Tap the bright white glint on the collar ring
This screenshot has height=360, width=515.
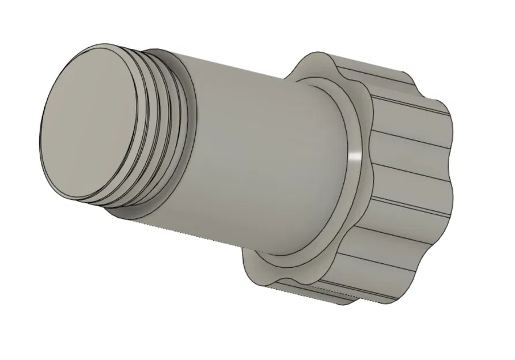point(355,157)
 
